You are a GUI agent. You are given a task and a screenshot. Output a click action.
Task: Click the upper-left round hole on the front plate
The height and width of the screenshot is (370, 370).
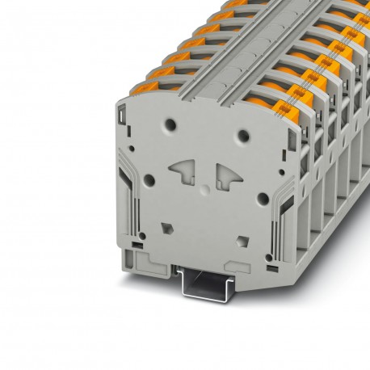tap(169, 126)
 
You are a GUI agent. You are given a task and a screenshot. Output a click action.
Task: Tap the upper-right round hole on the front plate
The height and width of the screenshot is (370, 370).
tap(243, 135)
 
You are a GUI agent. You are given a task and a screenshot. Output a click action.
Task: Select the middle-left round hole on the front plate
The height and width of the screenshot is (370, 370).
tap(149, 180)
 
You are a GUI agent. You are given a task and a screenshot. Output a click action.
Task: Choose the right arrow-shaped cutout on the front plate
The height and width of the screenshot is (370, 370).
tap(228, 177)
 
